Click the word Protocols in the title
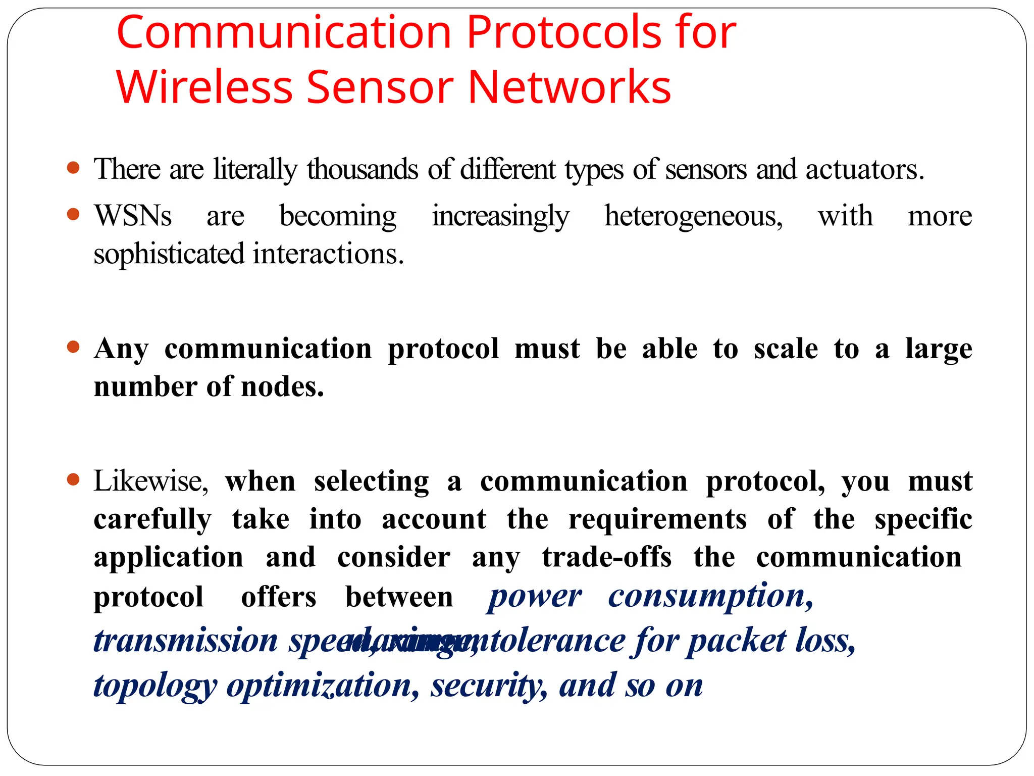click(x=564, y=33)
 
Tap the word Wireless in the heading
click(x=204, y=87)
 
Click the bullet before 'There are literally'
click(x=73, y=167)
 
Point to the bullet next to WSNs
click(x=73, y=214)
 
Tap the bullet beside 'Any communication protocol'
click(x=73, y=347)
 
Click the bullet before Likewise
click(x=73, y=479)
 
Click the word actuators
click(x=864, y=170)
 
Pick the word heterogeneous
click(x=693, y=216)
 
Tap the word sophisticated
click(x=169, y=254)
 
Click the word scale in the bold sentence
click(x=785, y=349)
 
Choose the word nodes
click(x=282, y=387)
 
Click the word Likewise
click(x=150, y=481)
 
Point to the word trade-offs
click(x=606, y=557)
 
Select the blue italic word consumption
click(x=710, y=597)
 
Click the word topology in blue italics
click(x=155, y=686)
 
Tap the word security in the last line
click(x=488, y=686)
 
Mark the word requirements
click(x=657, y=519)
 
